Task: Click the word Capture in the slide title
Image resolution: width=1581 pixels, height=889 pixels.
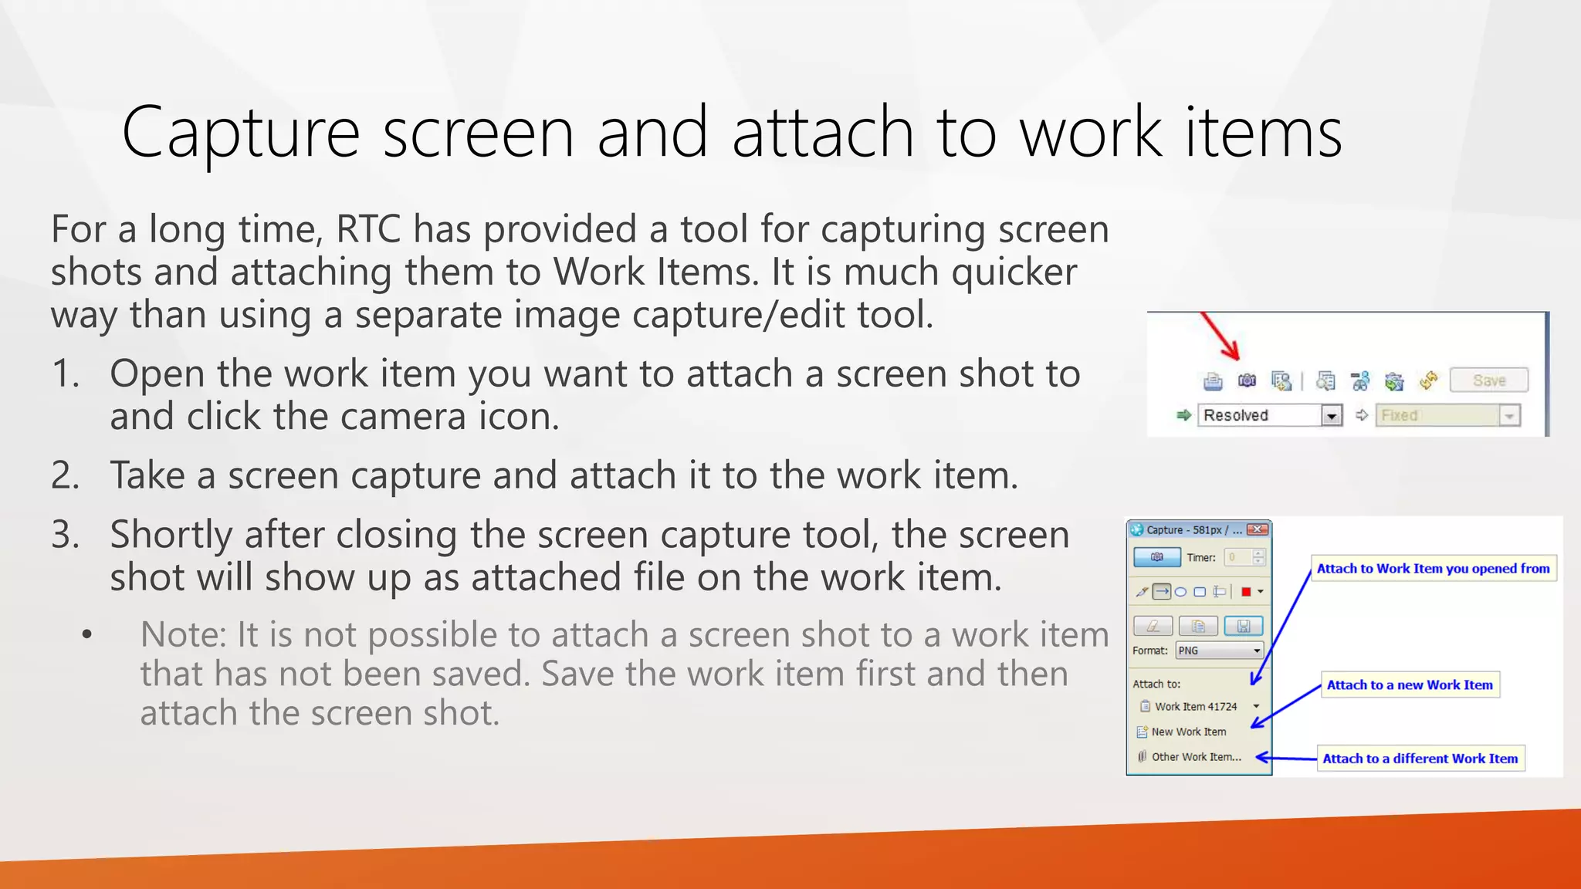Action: click(240, 133)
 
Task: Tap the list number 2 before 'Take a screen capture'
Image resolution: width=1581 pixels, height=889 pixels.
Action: click(65, 475)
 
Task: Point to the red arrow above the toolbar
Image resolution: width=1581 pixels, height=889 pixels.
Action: click(1220, 336)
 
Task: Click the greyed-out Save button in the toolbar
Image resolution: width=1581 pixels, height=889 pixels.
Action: click(1488, 380)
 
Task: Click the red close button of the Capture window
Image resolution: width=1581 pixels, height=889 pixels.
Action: click(1258, 529)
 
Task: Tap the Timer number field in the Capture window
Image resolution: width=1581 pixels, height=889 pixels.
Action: click(1239, 557)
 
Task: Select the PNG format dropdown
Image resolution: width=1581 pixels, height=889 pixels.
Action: click(1219, 651)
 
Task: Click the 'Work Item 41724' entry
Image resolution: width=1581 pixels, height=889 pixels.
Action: click(1195, 706)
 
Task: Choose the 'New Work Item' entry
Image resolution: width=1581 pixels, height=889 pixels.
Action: click(1188, 732)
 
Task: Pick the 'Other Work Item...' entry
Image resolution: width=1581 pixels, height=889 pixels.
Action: click(1196, 757)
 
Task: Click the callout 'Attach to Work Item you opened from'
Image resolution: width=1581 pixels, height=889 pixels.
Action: click(1433, 569)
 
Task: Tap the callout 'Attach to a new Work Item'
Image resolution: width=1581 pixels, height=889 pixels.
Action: click(1410, 684)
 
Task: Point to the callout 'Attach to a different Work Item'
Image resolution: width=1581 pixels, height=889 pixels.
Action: click(1420, 759)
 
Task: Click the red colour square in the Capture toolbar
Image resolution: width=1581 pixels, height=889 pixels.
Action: click(1246, 592)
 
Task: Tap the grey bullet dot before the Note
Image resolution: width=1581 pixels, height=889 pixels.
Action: click(87, 635)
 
